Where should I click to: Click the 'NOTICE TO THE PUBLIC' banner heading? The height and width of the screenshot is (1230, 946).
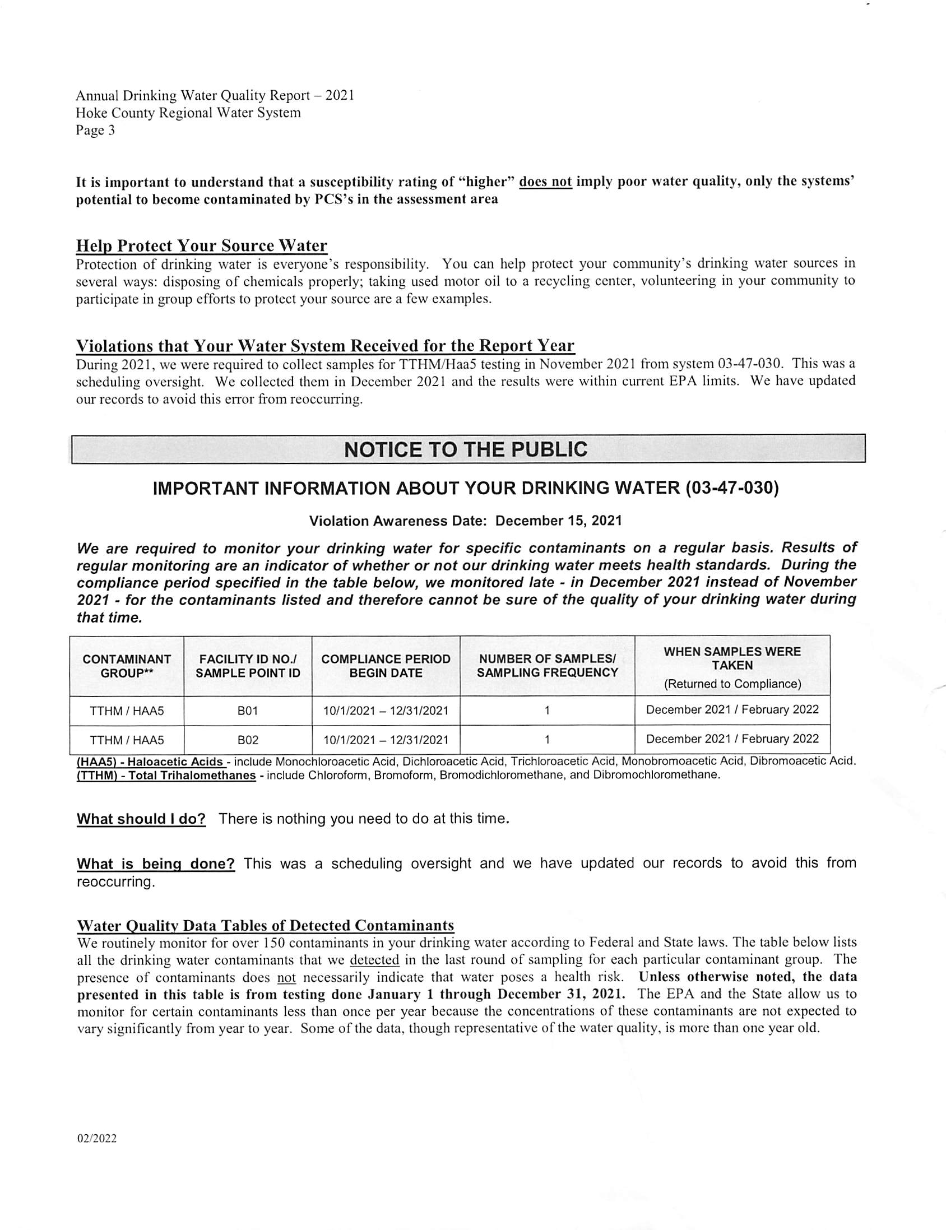point(465,449)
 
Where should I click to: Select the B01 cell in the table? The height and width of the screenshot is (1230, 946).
point(247,711)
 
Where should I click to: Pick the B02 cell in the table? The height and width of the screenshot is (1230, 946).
point(247,740)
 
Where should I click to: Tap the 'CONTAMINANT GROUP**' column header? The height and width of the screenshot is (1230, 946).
point(127,666)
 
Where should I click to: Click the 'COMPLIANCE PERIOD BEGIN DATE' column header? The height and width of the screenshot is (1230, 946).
point(386,666)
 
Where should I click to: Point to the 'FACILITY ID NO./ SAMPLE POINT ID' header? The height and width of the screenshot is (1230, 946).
point(248,666)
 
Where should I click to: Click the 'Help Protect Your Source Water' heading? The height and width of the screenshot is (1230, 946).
point(202,246)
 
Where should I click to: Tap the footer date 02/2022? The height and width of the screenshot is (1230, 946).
point(97,1139)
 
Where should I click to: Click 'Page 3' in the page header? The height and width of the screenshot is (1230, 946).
point(95,131)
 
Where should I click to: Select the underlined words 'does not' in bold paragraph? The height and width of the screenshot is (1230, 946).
point(545,182)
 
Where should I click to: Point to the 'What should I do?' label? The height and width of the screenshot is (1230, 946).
point(141,819)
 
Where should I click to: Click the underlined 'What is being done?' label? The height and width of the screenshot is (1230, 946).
point(155,864)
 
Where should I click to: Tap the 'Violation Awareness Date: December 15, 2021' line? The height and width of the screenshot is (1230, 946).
point(465,521)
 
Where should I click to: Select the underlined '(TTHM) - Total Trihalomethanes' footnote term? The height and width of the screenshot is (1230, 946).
point(166,775)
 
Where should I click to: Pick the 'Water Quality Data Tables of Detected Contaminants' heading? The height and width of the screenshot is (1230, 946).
point(265,926)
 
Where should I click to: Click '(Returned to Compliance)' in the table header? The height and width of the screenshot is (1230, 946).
point(732,684)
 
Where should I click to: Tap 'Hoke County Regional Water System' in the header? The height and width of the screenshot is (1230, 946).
point(188,113)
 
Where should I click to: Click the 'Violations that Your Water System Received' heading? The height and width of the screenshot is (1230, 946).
point(325,346)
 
